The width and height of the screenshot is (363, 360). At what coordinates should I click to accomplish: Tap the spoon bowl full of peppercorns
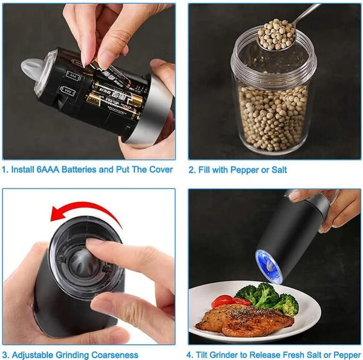coord(276,34)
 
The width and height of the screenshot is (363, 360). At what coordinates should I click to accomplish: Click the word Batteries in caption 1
coord(79,169)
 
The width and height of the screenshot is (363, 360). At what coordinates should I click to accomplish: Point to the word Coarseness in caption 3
coord(114,355)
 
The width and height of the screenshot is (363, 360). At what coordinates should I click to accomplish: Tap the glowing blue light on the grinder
coord(269,266)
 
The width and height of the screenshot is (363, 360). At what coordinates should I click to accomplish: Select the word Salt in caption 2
coord(279,170)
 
